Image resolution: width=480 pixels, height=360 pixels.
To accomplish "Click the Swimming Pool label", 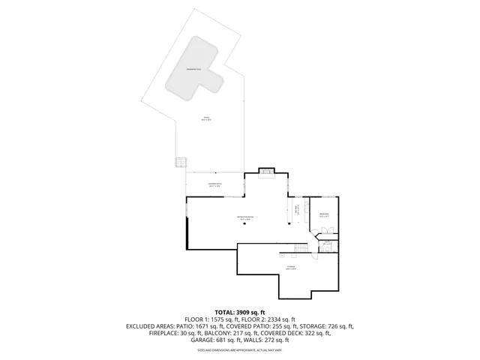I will pyautogui.click(x=197, y=68).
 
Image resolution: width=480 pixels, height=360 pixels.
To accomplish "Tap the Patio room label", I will pyautogui.click(x=207, y=118).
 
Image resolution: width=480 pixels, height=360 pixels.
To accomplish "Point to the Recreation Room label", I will pyautogui.click(x=245, y=217).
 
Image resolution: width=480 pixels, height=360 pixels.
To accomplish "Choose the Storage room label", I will pyautogui.click(x=290, y=268).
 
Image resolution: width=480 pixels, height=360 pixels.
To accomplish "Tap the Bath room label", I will pyautogui.click(x=327, y=244).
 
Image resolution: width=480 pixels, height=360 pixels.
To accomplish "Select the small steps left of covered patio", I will pyautogui.click(x=179, y=162).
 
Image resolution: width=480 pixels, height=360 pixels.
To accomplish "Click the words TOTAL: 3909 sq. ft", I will pyautogui.click(x=240, y=312).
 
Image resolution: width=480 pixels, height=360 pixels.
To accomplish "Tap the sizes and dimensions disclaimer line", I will pyautogui.click(x=240, y=349).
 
